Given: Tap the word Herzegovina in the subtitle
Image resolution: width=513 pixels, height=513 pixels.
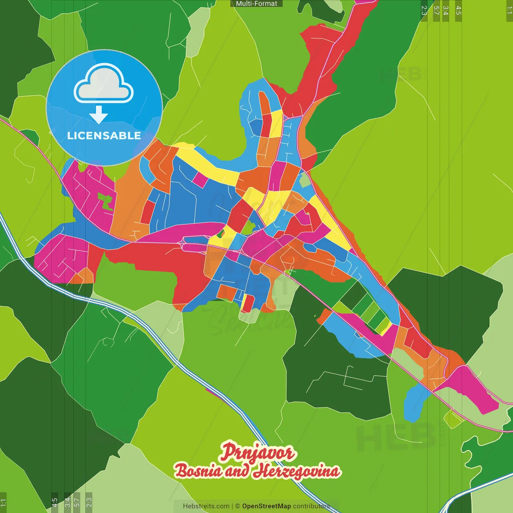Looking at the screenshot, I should pyautogui.click(x=296, y=471).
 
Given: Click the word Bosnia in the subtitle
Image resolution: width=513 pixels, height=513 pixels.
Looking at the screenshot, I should pyautogui.click(x=198, y=471).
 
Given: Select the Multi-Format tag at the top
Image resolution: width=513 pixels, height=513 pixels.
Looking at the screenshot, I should pyautogui.click(x=256, y=4).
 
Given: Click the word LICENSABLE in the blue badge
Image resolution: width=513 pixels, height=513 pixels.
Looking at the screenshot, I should pyautogui.click(x=104, y=135).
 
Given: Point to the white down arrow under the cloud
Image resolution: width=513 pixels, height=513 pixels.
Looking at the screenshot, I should pyautogui.click(x=99, y=115).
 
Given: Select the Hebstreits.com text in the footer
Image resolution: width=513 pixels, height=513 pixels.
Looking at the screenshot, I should pyautogui.click(x=206, y=506).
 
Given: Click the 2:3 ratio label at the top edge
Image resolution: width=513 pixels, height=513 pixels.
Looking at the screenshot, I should pyautogui.click(x=424, y=10).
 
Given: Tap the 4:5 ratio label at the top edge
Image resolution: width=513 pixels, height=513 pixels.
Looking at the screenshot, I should pyautogui.click(x=458, y=10).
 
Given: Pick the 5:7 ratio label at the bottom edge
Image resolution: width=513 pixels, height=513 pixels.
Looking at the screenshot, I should pyautogui.click(x=77, y=501).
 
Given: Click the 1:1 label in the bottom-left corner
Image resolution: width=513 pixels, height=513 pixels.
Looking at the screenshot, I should pyautogui.click(x=3, y=502).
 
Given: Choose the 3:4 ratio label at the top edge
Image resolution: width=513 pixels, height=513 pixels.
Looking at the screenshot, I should pyautogui.click(x=445, y=10).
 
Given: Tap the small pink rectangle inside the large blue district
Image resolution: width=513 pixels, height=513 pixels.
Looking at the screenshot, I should pyautogui.click(x=200, y=179).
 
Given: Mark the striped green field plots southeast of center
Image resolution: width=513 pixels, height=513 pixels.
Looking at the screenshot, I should pyautogui.click(x=367, y=313).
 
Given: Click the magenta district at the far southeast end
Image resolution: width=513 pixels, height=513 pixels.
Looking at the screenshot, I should pyautogui.click(x=475, y=391).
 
